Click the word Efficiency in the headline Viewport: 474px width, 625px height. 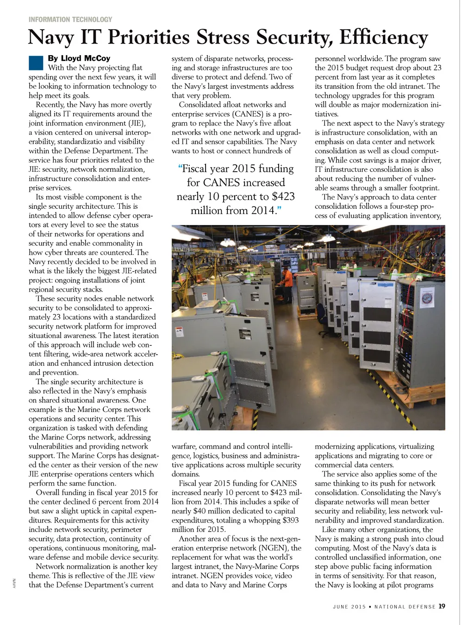(x=383, y=37)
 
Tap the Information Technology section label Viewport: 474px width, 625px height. (x=70, y=19)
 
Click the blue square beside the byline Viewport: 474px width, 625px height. (x=36, y=62)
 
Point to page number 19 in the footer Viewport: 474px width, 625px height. (x=442, y=606)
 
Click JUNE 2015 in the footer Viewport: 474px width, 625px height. (x=349, y=606)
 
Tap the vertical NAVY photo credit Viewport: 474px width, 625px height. (x=14, y=583)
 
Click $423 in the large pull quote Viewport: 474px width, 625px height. (x=283, y=196)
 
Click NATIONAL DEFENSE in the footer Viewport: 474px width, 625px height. (x=405, y=606)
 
